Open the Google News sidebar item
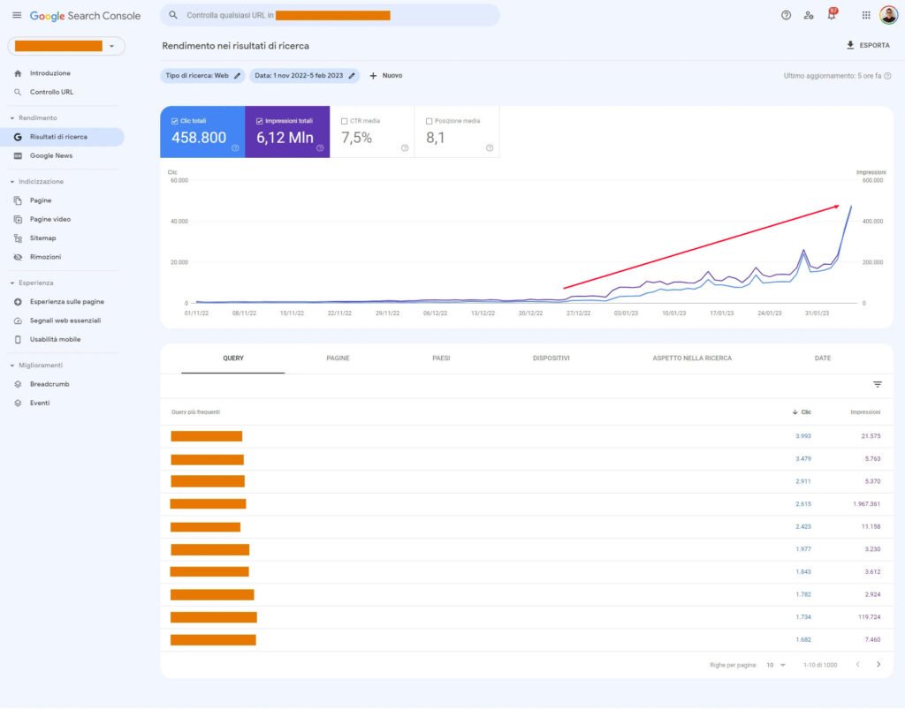point(50,155)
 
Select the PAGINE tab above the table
point(338,358)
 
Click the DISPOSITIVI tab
point(551,358)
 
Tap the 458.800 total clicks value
point(199,138)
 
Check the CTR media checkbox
point(345,121)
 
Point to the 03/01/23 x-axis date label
point(626,313)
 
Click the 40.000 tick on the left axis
point(179,221)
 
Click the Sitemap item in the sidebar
point(42,238)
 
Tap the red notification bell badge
point(833,11)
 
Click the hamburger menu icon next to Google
point(17,15)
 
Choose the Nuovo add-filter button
point(385,76)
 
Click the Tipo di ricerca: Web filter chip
point(202,76)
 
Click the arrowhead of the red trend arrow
point(836,207)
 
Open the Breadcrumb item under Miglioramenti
point(49,384)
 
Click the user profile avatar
point(888,15)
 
